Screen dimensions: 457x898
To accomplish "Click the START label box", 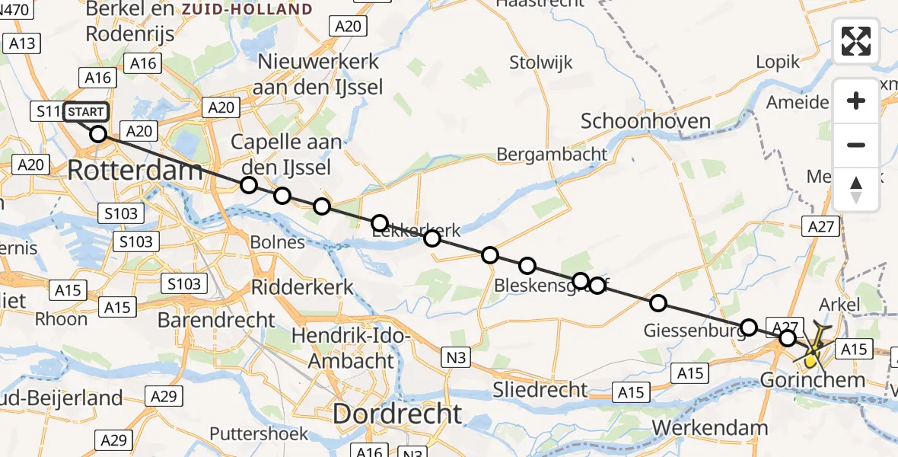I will coord(86,113).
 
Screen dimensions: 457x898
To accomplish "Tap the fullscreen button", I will coord(856,41).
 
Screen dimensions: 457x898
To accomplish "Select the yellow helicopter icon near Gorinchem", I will coord(815,347).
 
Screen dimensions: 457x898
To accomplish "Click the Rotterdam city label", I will coord(135,170).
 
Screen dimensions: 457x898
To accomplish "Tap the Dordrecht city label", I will coord(396,414).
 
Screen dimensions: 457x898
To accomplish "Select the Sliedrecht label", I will coord(540,389).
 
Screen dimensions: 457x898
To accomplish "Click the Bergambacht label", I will coord(552,154).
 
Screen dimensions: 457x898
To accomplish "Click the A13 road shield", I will coord(22,43).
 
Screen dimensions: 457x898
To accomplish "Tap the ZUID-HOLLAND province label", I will coord(247,9).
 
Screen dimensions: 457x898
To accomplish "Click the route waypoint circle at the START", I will coord(98,135).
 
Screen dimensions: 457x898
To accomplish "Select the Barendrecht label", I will coord(217,320).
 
